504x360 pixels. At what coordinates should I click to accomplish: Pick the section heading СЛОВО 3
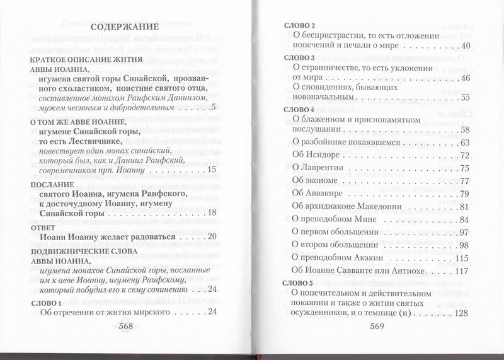pos(295,58)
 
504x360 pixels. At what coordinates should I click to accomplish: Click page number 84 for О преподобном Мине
pos(466,220)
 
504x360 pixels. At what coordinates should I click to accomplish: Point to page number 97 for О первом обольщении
pos(466,233)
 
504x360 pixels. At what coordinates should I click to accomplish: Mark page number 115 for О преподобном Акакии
pos(463,258)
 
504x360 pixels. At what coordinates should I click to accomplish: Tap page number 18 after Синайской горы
pos(212,212)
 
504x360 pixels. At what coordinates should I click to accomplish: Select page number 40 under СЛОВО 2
pos(466,46)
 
